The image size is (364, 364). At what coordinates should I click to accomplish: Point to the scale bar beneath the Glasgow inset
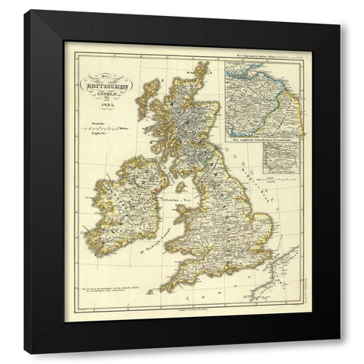[272, 176]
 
